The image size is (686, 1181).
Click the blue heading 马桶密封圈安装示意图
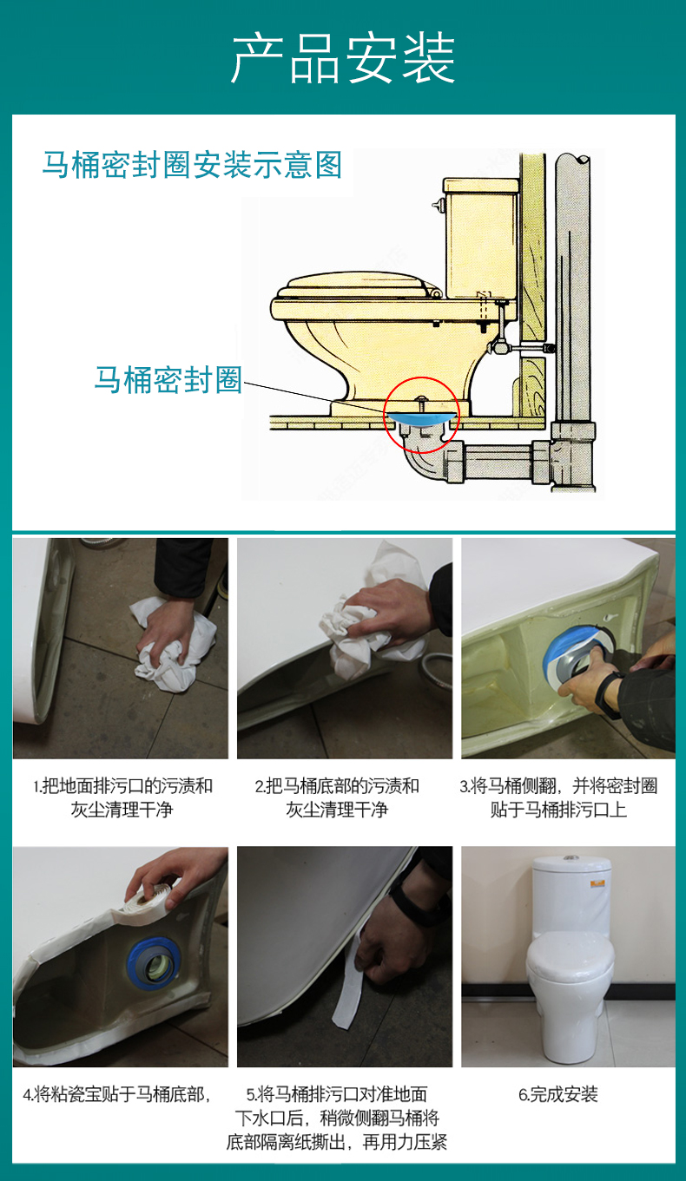pyautogui.click(x=192, y=165)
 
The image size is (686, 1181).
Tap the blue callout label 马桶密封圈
pyautogui.click(x=168, y=379)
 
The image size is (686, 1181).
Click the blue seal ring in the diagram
pyautogui.click(x=420, y=418)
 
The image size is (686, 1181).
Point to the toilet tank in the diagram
pyautogui.click(x=480, y=239)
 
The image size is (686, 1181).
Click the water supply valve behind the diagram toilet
pyautogui.click(x=498, y=346)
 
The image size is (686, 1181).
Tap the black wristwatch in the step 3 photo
pyautogui.click(x=610, y=695)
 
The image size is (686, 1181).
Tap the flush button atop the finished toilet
pyautogui.click(x=570, y=858)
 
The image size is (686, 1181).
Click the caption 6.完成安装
pyautogui.click(x=558, y=1094)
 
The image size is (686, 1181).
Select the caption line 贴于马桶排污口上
pyautogui.click(x=558, y=810)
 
